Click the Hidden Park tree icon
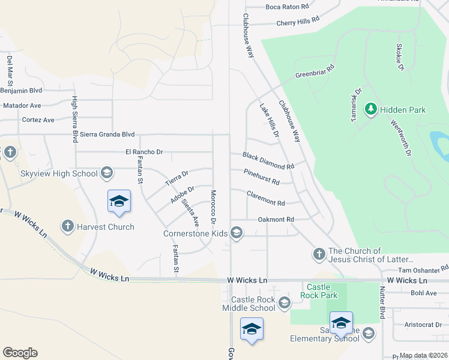pyautogui.click(x=370, y=109)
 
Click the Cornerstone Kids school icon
pyautogui.click(x=237, y=233)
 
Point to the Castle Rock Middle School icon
pyautogui.click(x=283, y=304)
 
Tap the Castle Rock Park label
pyautogui.click(x=322, y=291)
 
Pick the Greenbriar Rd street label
pyautogui.click(x=314, y=72)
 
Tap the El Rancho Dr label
pyautogui.click(x=144, y=152)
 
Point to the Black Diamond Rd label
pyautogui.click(x=268, y=160)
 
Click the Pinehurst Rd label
pyautogui.click(x=262, y=177)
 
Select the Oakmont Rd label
pyautogui.click(x=276, y=220)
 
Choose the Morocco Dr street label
pyautogui.click(x=212, y=205)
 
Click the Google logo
pyautogui.click(x=20, y=353)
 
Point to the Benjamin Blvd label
pyautogui.click(x=21, y=91)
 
